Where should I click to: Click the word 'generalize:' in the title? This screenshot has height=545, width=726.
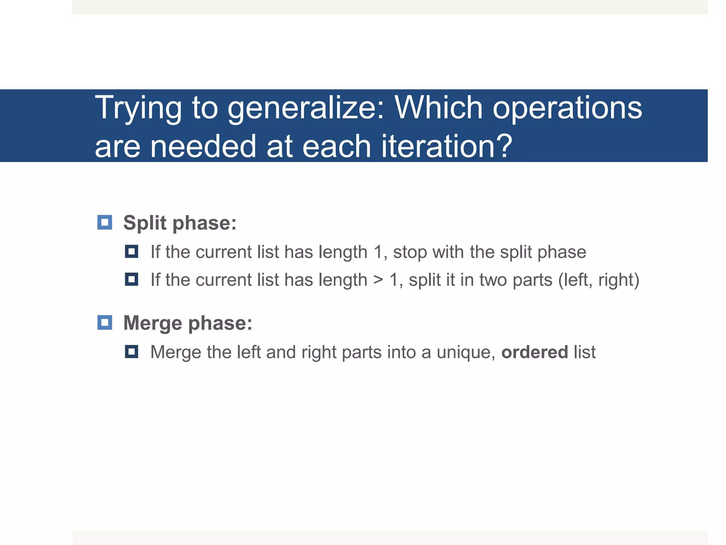[305, 108]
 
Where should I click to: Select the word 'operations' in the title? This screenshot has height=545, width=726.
[567, 108]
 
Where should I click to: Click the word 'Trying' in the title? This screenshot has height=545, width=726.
[138, 108]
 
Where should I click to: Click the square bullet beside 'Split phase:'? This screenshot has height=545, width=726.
[105, 222]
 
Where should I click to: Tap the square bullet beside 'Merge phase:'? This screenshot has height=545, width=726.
[105, 323]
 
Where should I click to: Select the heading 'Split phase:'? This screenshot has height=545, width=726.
[180, 223]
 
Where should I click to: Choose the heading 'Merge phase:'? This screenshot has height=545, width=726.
[188, 323]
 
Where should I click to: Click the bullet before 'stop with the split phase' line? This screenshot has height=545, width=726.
[132, 252]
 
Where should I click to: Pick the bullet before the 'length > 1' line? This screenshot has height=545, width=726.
[132, 280]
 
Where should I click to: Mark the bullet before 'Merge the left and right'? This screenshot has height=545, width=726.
[132, 352]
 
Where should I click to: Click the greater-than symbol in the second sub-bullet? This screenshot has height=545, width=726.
[378, 280]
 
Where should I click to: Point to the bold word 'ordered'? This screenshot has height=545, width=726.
[535, 352]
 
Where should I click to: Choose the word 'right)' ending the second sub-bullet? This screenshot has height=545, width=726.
[619, 280]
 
